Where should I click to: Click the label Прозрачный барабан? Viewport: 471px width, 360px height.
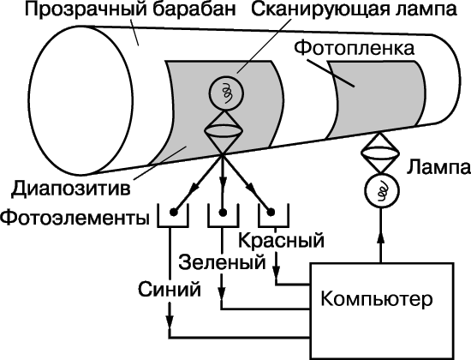coord(130,9)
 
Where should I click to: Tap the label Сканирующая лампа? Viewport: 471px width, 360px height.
coord(355,9)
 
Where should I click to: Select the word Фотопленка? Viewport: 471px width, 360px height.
coord(354,48)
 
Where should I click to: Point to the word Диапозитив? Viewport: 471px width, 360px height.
coord(71,189)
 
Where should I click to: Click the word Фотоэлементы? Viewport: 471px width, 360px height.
coord(75,218)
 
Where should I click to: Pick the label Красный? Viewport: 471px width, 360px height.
coord(281,240)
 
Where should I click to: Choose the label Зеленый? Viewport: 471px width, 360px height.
coord(223,262)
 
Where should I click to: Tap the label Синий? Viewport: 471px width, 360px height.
coord(170,290)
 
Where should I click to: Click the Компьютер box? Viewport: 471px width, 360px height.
coord(381,311)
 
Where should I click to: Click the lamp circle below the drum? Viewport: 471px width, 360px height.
coord(382,190)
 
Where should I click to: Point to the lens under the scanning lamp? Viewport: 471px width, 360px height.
coord(224,131)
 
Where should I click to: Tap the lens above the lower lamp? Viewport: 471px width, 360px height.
coord(380,153)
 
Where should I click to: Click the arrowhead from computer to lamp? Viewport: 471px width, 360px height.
coord(381,237)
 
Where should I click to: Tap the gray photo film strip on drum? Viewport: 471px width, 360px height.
coord(377,98)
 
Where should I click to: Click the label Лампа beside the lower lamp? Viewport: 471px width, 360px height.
coord(438,167)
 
